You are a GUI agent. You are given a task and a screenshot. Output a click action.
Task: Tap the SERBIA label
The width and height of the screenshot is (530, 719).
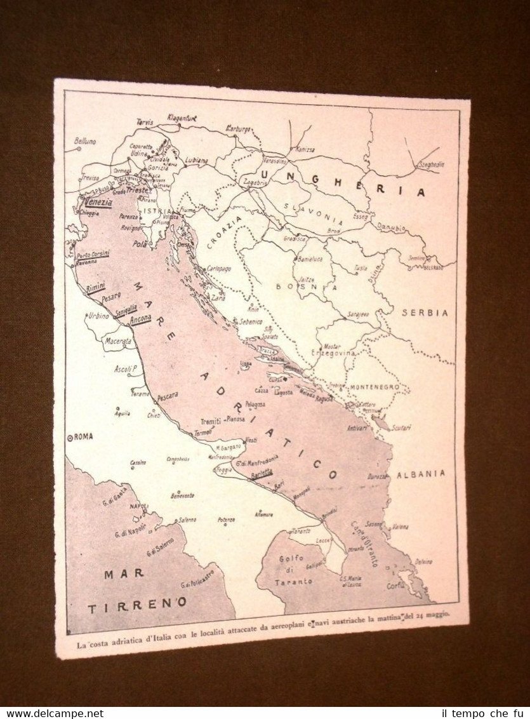coord(425,312)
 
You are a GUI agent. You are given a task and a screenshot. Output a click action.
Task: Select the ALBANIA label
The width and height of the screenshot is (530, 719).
coord(421,474)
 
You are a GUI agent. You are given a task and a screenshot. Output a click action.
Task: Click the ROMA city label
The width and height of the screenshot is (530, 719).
coord(81,436)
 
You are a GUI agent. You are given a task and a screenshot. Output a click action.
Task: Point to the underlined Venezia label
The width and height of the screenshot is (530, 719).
coord(98,202)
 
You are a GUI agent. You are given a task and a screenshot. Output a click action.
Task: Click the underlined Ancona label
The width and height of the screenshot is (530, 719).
coord(140,319)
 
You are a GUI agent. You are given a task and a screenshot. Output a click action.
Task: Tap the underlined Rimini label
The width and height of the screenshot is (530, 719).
coord(96,287)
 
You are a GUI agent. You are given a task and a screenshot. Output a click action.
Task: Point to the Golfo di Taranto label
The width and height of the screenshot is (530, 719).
coord(293,570)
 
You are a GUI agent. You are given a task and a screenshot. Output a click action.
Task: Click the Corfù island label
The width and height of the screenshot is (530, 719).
coord(396,586)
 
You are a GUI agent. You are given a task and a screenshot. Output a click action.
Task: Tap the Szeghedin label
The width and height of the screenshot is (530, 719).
coord(430,164)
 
